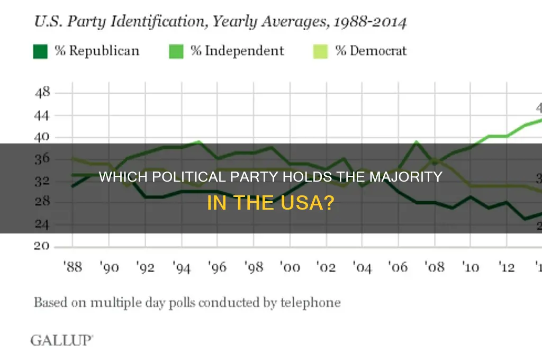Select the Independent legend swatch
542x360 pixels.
tap(176, 51)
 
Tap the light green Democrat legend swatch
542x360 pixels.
tap(320, 51)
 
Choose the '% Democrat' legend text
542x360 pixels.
tap(371, 51)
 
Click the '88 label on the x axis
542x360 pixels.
tap(73, 267)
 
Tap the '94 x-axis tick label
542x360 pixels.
tap(182, 267)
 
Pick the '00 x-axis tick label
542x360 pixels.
tap(291, 267)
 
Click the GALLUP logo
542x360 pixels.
tap(61, 340)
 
